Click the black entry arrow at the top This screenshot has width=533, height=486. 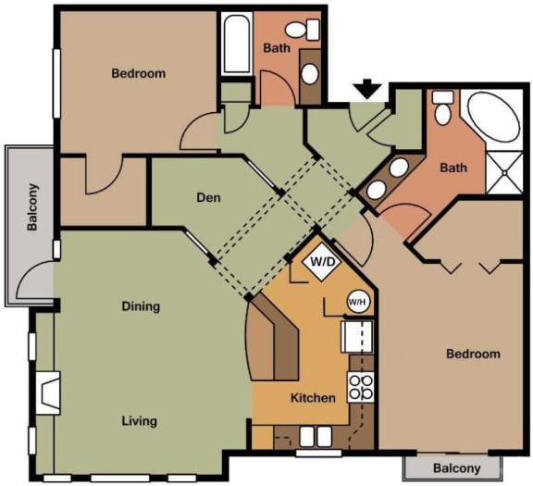368,89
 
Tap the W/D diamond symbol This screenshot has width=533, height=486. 322,262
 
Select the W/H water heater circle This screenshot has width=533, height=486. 357,301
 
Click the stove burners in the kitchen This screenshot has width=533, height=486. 360,387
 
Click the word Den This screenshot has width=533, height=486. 207,197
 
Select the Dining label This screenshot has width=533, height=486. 140,306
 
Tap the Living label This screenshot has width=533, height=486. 139,421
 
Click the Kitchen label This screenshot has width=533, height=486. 313,398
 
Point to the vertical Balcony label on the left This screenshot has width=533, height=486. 32,209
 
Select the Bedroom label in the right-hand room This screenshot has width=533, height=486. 473,354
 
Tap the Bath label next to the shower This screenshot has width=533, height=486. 453,168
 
